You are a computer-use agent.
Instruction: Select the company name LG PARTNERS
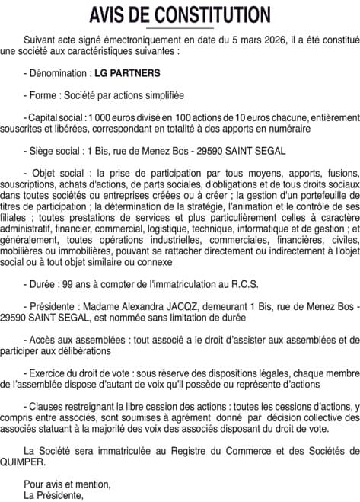pos(126,75)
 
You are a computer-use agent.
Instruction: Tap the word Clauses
pos(49,408)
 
